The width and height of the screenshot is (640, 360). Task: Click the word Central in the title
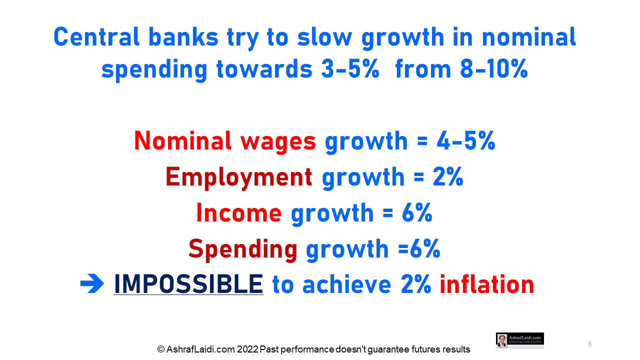click(96, 37)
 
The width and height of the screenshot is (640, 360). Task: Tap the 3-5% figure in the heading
click(350, 69)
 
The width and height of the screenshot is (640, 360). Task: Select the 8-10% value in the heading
click(494, 69)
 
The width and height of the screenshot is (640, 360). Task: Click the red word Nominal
click(182, 141)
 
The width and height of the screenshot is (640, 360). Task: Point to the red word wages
click(278, 143)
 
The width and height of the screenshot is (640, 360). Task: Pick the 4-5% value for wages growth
click(466, 141)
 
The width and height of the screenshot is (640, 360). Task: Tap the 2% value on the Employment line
click(448, 177)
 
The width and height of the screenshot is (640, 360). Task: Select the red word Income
click(239, 213)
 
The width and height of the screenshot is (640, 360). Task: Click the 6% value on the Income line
click(417, 213)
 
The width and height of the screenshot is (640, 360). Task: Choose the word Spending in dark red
click(243, 250)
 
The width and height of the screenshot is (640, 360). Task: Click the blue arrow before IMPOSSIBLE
click(92, 283)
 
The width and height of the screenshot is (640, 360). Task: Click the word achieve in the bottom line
click(347, 284)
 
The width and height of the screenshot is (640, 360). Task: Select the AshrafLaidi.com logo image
click(520, 340)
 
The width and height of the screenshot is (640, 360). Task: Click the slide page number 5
click(589, 343)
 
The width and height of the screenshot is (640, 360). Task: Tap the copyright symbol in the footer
click(161, 349)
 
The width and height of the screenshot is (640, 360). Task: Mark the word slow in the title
click(325, 37)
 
